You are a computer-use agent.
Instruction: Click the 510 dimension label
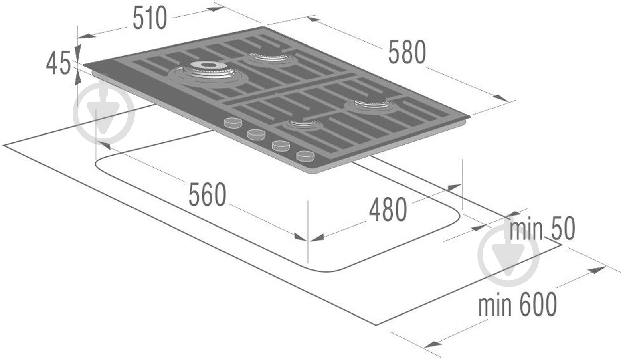[x=150, y=18]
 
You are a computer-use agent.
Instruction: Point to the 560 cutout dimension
[x=207, y=194]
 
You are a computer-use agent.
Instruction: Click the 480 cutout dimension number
[x=388, y=210]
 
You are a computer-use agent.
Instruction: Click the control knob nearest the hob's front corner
[x=305, y=156]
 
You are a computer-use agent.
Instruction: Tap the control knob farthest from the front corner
[x=233, y=123]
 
